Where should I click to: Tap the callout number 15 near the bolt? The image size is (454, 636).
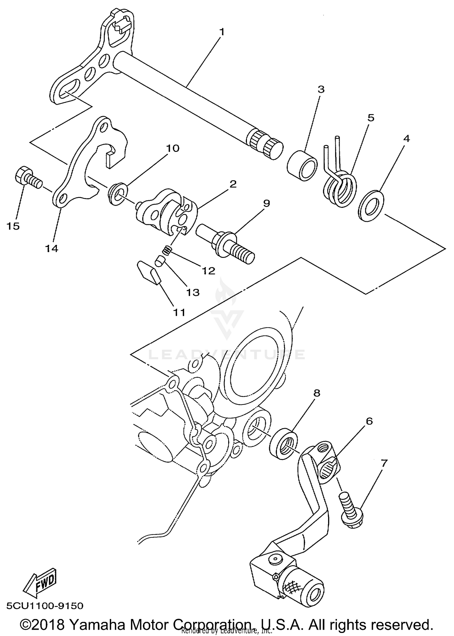pyautogui.click(x=13, y=226)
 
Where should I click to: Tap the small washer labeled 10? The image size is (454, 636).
pyautogui.click(x=118, y=194)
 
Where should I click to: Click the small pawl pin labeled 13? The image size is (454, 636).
pyautogui.click(x=160, y=261)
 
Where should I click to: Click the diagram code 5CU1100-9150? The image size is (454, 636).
pyautogui.click(x=45, y=606)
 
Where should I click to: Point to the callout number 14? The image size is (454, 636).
pyautogui.click(x=52, y=248)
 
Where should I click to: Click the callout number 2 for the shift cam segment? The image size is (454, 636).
pyautogui.click(x=233, y=184)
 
